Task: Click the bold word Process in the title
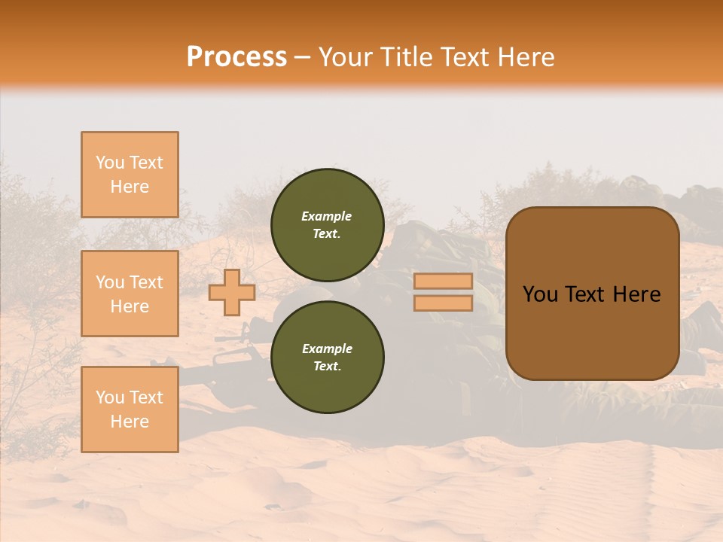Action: point(236,57)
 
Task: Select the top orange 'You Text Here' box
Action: point(130,175)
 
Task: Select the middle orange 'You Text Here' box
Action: point(130,294)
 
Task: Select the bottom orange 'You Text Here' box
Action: point(130,410)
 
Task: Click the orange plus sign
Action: point(231,292)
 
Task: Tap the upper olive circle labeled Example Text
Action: point(327,224)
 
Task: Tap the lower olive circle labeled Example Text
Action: point(327,357)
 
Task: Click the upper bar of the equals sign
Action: point(443,282)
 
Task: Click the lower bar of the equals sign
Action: point(443,303)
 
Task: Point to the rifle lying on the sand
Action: point(226,361)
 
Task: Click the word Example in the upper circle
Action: point(326,216)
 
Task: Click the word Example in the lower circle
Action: point(326,349)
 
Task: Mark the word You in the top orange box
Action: point(109,163)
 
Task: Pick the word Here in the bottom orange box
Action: point(130,422)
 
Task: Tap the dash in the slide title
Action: point(302,57)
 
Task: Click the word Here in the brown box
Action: point(636,294)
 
